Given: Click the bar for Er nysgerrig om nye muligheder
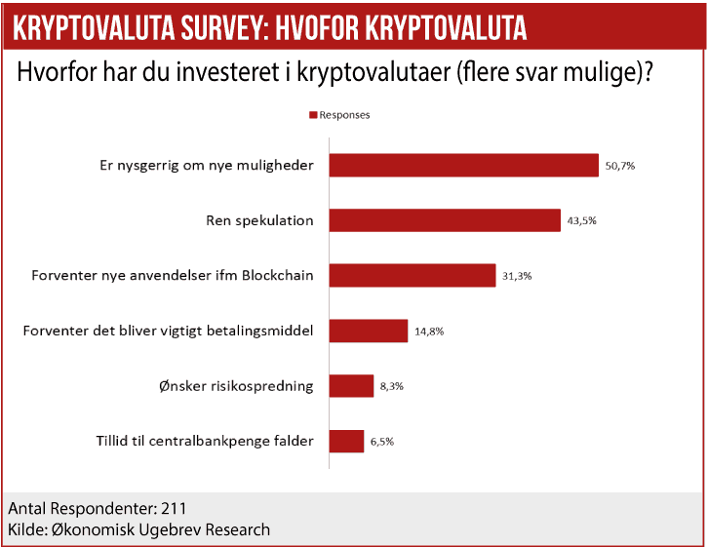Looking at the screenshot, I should pos(463,165).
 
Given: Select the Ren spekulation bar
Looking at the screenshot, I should pos(445,220).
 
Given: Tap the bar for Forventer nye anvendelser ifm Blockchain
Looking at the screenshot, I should pos(413,275).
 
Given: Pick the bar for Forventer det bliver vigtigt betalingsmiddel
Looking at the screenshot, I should pos(368,331).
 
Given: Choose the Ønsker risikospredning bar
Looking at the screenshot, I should pos(351,386).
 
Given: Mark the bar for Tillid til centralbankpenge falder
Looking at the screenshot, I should pos(346,441).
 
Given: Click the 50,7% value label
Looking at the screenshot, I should pos(620,166).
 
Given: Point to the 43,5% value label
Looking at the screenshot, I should pos(581,221).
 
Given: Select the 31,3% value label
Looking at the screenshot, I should pos(518,276).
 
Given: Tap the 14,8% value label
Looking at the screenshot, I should pos(429,332).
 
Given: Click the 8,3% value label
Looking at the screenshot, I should pos(392,387).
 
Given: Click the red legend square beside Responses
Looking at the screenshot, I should pos(313,115).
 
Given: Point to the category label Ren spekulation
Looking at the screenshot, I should pos(260,220).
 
